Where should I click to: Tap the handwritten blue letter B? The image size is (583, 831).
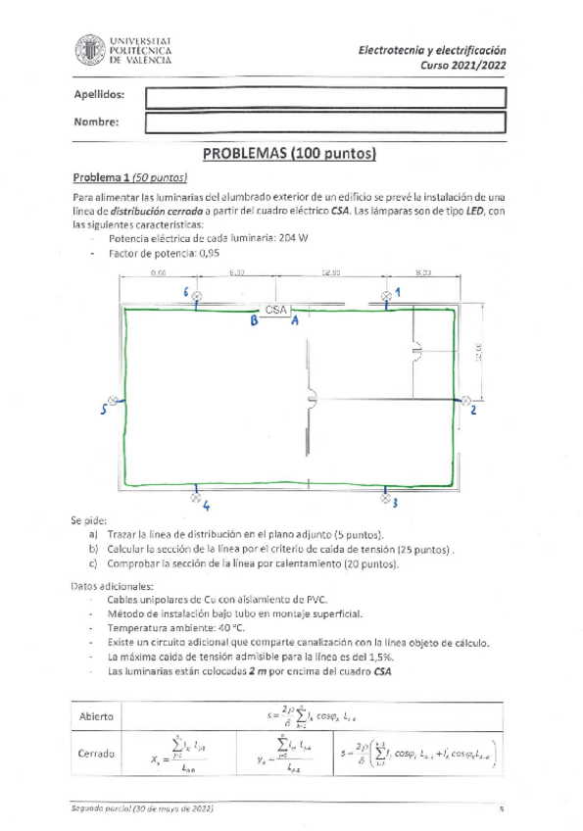tap(255, 321)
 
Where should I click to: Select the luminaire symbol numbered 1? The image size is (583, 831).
tap(386, 294)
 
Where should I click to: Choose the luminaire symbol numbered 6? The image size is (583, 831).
tap(197, 295)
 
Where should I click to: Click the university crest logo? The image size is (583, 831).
tap(88, 50)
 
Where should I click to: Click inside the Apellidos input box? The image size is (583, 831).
tap(325, 97)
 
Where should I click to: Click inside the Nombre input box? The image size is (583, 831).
tap(325, 122)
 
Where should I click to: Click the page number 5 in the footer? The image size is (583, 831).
tap(501, 809)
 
